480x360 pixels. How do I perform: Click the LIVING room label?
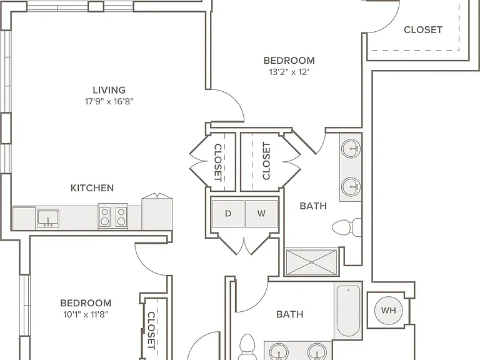tap(109, 90)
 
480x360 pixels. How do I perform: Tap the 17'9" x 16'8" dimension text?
tap(109, 101)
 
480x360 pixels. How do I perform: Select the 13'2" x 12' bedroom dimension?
tap(289, 72)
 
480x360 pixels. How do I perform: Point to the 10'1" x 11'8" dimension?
tap(86, 314)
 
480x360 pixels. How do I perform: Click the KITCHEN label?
tap(92, 188)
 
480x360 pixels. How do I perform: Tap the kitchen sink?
tap(48, 219)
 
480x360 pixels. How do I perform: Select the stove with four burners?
tap(113, 216)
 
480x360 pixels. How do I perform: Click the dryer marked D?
tap(228, 214)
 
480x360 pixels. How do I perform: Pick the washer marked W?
tap(261, 214)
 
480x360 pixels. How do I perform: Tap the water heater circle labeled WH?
tap(389, 311)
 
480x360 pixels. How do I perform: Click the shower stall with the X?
tap(311, 262)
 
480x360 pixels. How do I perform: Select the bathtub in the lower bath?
tap(348, 311)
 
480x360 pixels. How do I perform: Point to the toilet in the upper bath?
tap(347, 227)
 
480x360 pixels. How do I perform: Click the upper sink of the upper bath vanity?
tap(351, 149)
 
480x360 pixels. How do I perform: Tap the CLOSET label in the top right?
tap(423, 30)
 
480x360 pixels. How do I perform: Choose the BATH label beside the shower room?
tap(313, 206)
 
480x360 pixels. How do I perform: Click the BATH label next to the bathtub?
tap(290, 314)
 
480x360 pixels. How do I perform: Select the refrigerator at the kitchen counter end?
tap(157, 212)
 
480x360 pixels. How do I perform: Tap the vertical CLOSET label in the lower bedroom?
tap(151, 330)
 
